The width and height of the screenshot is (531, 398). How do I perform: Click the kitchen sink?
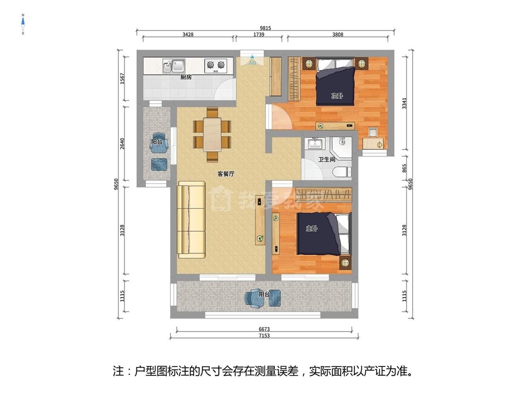click(174, 66)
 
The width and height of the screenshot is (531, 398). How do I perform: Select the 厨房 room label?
click(186, 77)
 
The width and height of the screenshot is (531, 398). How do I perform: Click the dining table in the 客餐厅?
click(212, 134)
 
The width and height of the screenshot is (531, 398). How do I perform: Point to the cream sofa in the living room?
click(192, 220)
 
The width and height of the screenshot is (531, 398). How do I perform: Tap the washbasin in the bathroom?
click(316, 143)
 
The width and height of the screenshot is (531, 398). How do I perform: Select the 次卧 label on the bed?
click(337, 96)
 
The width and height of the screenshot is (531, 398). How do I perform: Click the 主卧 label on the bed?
click(312, 229)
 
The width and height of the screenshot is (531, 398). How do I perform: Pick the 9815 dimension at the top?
click(265, 28)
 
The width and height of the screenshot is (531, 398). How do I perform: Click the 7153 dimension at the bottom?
click(264, 335)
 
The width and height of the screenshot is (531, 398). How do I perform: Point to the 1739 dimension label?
click(259, 34)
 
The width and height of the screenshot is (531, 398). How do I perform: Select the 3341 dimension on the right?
click(404, 104)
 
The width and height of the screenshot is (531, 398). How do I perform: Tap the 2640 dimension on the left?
click(122, 143)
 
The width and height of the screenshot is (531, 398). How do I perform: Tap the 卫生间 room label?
click(327, 159)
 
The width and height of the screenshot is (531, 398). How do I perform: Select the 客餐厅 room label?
click(226, 174)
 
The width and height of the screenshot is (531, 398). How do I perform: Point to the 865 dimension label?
click(404, 168)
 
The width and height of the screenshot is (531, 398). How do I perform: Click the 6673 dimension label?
click(264, 329)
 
